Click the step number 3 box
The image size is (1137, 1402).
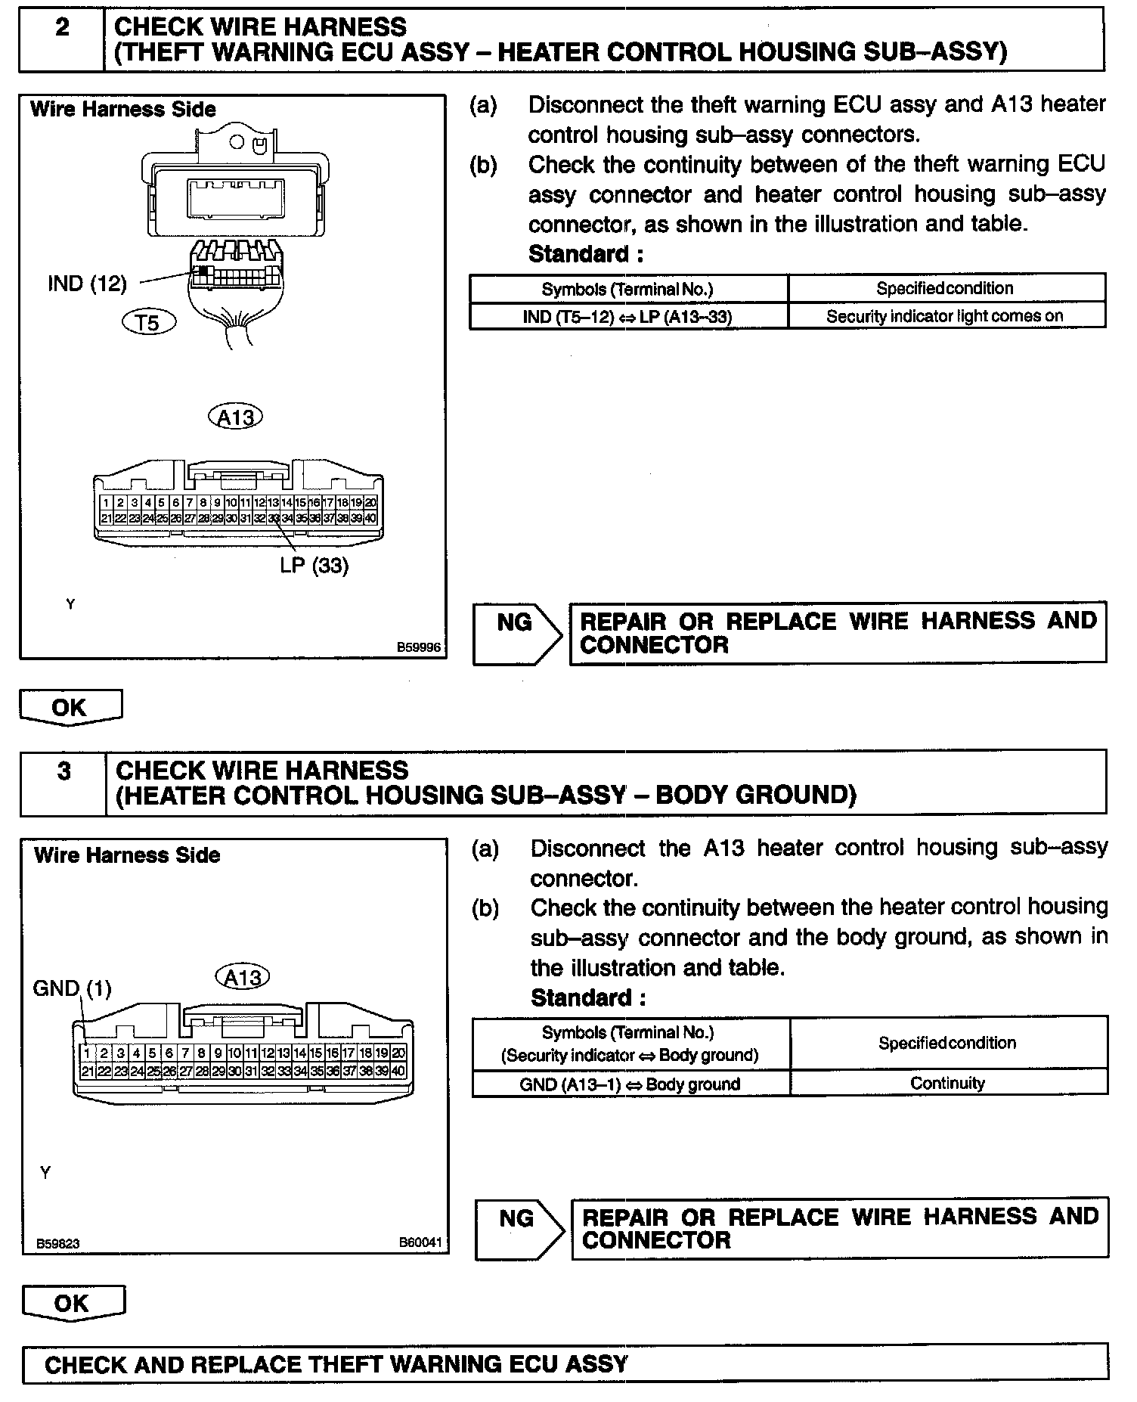(64, 782)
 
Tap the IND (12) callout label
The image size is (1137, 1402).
(87, 284)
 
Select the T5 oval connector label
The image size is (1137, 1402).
(148, 323)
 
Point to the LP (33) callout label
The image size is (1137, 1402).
(314, 565)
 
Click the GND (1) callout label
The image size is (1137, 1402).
(72, 988)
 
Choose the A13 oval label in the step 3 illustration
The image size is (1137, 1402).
(242, 977)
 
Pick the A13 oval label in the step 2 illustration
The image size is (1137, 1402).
(234, 417)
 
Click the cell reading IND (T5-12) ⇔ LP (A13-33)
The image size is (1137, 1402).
(627, 316)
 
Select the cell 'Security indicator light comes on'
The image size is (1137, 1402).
(945, 316)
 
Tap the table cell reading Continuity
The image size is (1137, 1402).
(947, 1083)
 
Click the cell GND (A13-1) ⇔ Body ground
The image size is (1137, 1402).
(630, 1084)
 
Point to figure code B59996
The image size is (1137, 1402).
(419, 648)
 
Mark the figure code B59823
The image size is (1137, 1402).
(57, 1243)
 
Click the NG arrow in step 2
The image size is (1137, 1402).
(518, 634)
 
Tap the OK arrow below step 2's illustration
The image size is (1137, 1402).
(70, 708)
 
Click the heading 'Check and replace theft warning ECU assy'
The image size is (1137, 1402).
(336, 1364)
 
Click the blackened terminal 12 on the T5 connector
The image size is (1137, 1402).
(203, 270)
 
